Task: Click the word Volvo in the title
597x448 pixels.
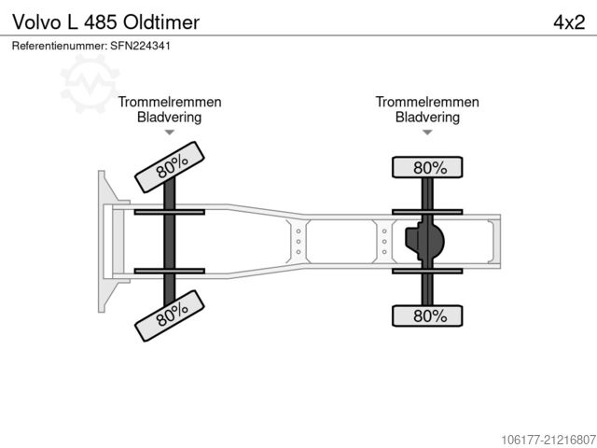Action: (37, 22)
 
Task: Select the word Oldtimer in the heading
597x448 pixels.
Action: (161, 22)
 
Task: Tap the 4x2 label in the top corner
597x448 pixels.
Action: (569, 22)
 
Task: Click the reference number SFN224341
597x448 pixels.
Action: (141, 46)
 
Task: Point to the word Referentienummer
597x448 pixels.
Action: (59, 46)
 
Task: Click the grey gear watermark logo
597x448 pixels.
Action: (90, 83)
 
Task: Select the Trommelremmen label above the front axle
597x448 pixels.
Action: (170, 102)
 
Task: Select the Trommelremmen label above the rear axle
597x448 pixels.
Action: (427, 102)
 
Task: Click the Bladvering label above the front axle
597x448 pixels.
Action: (170, 117)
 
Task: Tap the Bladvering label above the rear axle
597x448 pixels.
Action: (427, 117)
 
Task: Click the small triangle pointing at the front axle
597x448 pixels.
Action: (170, 133)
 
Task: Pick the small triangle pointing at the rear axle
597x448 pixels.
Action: (427, 133)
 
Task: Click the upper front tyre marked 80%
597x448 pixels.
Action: (170, 167)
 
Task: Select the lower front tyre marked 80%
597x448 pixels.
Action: (170, 315)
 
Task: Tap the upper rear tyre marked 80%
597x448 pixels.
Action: (427, 167)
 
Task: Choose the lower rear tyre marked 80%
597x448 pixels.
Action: (427, 315)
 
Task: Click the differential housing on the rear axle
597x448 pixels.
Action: (424, 241)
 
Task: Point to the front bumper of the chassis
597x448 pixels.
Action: (106, 242)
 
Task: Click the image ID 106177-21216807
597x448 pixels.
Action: (548, 440)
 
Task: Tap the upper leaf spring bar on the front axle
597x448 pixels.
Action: (170, 212)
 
